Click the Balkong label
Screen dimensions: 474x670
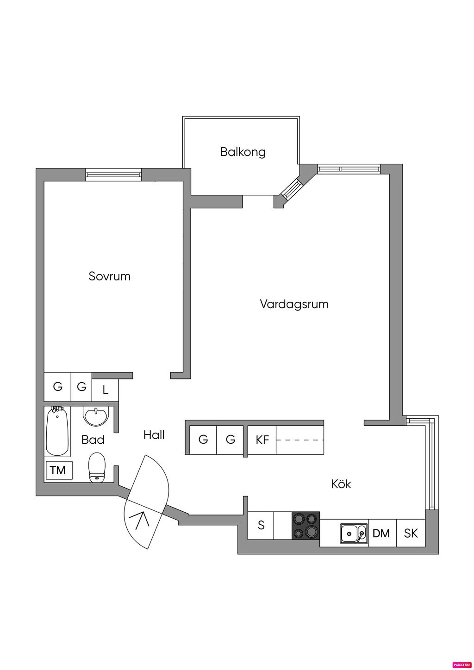pyautogui.click(x=243, y=152)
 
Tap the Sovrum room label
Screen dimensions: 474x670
pyautogui.click(x=110, y=276)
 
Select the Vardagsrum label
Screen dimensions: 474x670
pyautogui.click(x=294, y=304)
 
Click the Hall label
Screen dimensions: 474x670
pyautogui.click(x=154, y=435)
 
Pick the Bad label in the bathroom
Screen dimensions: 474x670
pyautogui.click(x=93, y=440)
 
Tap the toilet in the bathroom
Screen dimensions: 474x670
pyautogui.click(x=97, y=467)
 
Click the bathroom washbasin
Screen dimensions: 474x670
pyautogui.click(x=96, y=416)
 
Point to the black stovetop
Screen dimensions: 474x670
pyautogui.click(x=306, y=526)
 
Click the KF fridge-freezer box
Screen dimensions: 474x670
pyautogui.click(x=262, y=440)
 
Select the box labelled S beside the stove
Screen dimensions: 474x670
pyautogui.click(x=261, y=526)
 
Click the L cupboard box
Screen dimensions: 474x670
pyautogui.click(x=105, y=390)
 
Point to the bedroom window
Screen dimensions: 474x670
pyautogui.click(x=114, y=175)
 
